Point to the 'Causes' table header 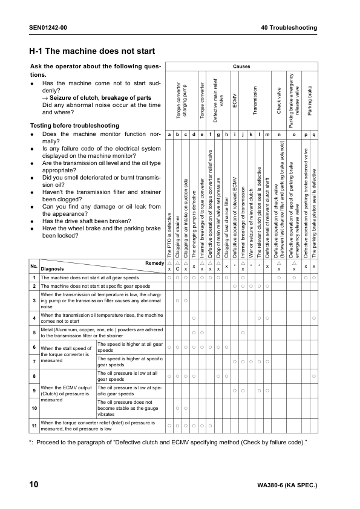pyautogui.click(x=241, y=66)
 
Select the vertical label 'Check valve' pyautogui.click(x=278, y=100)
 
